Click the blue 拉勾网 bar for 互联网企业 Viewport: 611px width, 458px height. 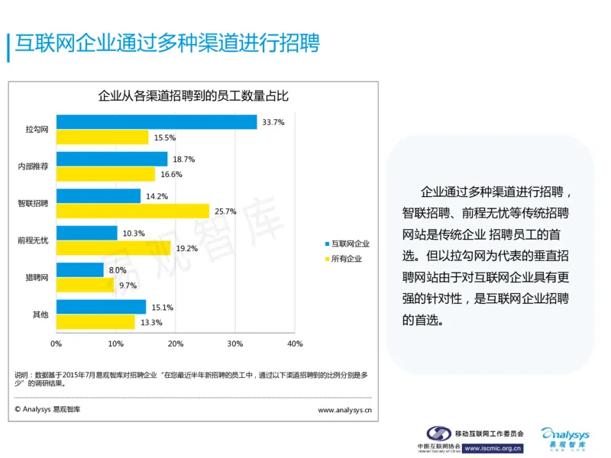(157, 122)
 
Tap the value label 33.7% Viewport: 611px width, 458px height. (273, 122)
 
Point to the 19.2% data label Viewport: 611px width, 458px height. (187, 248)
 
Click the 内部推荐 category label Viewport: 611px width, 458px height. (33, 166)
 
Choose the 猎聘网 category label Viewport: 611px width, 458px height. (37, 277)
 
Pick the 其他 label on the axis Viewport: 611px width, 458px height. (40, 314)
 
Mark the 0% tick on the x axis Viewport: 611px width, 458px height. (56, 343)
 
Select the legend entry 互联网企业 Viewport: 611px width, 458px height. (350, 244)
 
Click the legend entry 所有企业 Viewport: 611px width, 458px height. (346, 259)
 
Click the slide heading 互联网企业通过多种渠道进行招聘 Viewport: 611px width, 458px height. (167, 44)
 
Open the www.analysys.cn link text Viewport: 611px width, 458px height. (344, 410)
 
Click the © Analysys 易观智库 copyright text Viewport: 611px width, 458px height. (47, 410)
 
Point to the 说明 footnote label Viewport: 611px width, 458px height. (23, 375)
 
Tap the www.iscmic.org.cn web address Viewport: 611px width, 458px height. (493, 448)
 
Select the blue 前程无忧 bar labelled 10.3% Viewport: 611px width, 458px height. (86, 233)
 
